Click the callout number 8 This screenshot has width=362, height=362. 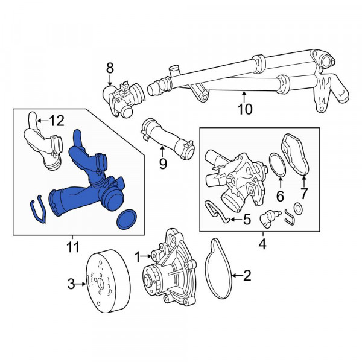point(110,68)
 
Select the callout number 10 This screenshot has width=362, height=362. point(245,109)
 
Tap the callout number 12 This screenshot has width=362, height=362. point(57,121)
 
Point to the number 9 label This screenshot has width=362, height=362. point(163,164)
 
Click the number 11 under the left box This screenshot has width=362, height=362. point(73,247)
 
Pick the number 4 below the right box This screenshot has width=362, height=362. point(262,244)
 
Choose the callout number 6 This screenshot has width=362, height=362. point(280,196)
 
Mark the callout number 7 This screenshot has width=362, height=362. point(303,194)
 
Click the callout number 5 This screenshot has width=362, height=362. point(247,220)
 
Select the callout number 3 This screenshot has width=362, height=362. point(71,284)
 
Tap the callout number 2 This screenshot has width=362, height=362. point(247,276)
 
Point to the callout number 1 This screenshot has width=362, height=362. point(137,257)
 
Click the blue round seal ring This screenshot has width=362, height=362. point(127,219)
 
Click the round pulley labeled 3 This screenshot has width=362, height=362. point(108,281)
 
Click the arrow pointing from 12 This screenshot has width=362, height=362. point(43,121)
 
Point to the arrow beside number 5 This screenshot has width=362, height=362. point(236,220)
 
